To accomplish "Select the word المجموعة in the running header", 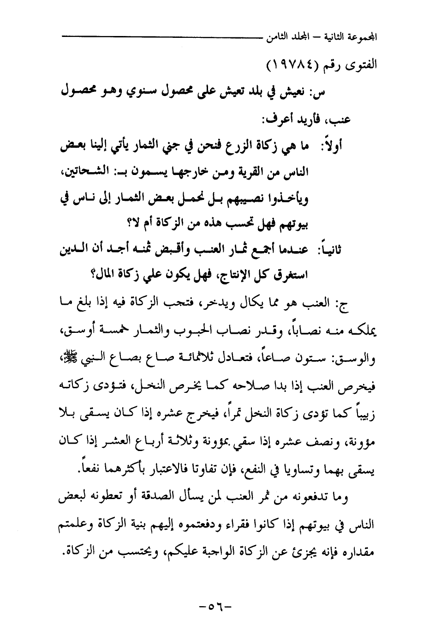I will pyautogui.click(x=362, y=36).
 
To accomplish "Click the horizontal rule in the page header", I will pyautogui.click(x=161, y=36).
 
